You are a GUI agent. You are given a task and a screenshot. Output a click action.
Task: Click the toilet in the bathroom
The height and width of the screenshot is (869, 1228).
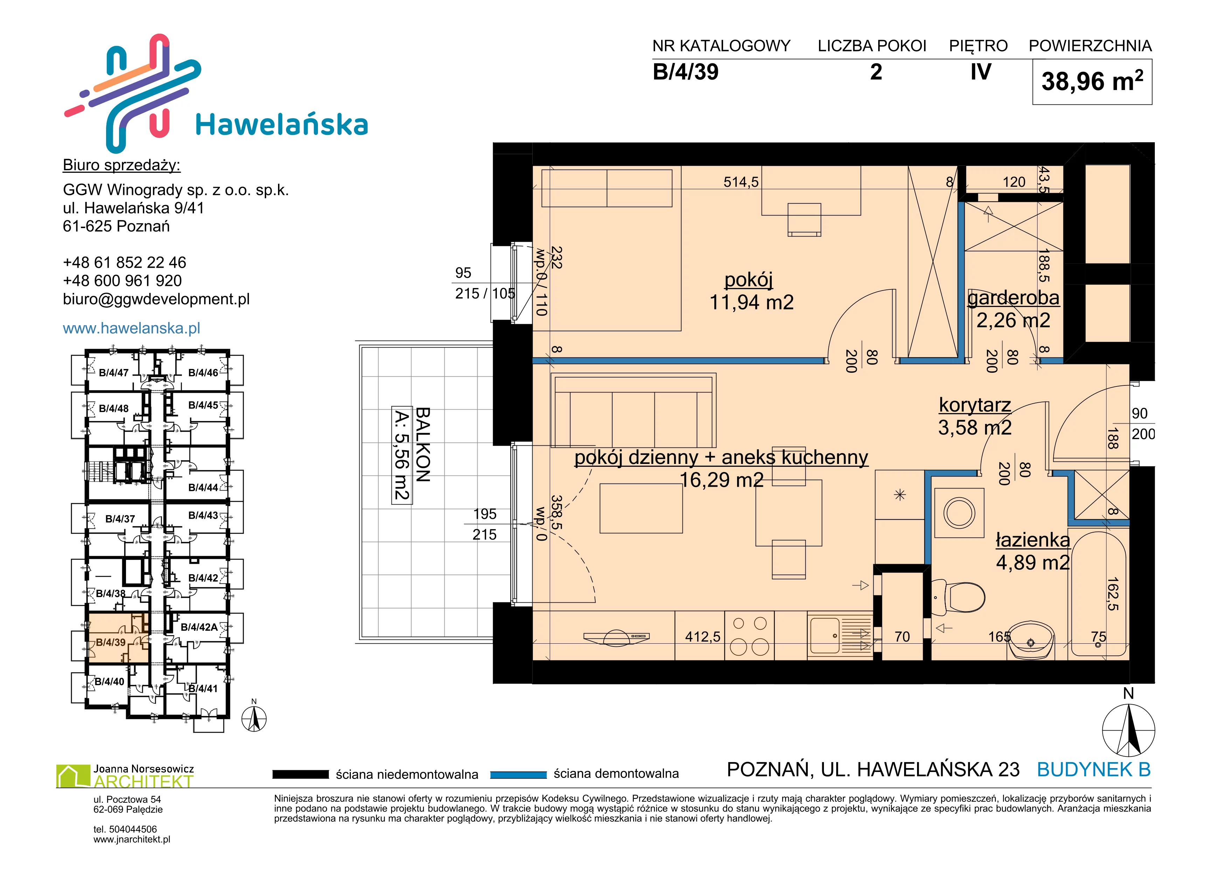[x=958, y=597]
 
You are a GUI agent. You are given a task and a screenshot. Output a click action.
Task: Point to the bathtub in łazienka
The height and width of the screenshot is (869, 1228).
[x=1098, y=594]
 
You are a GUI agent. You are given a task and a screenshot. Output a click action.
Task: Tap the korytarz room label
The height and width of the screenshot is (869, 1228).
[x=975, y=405]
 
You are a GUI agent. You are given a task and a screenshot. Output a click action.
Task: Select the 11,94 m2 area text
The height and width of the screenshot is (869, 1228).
[x=751, y=302]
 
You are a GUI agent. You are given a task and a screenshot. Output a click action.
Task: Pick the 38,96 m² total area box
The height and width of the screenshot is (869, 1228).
[x=1092, y=82]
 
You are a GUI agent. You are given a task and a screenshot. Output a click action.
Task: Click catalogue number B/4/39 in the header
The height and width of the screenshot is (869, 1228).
[x=686, y=72]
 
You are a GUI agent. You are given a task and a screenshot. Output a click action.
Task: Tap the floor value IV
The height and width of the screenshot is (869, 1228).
[x=981, y=72]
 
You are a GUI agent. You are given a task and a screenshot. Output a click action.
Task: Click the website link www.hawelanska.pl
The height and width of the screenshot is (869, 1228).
[x=132, y=328]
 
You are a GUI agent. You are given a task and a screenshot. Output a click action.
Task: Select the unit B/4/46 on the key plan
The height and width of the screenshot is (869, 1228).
[x=203, y=373]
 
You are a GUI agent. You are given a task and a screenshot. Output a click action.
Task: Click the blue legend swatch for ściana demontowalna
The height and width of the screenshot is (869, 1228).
[x=518, y=774]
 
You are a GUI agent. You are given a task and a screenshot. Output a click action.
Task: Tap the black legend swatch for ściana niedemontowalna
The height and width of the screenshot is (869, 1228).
[x=300, y=774]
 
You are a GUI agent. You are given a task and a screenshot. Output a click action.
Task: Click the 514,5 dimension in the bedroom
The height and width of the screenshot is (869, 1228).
[x=741, y=182]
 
